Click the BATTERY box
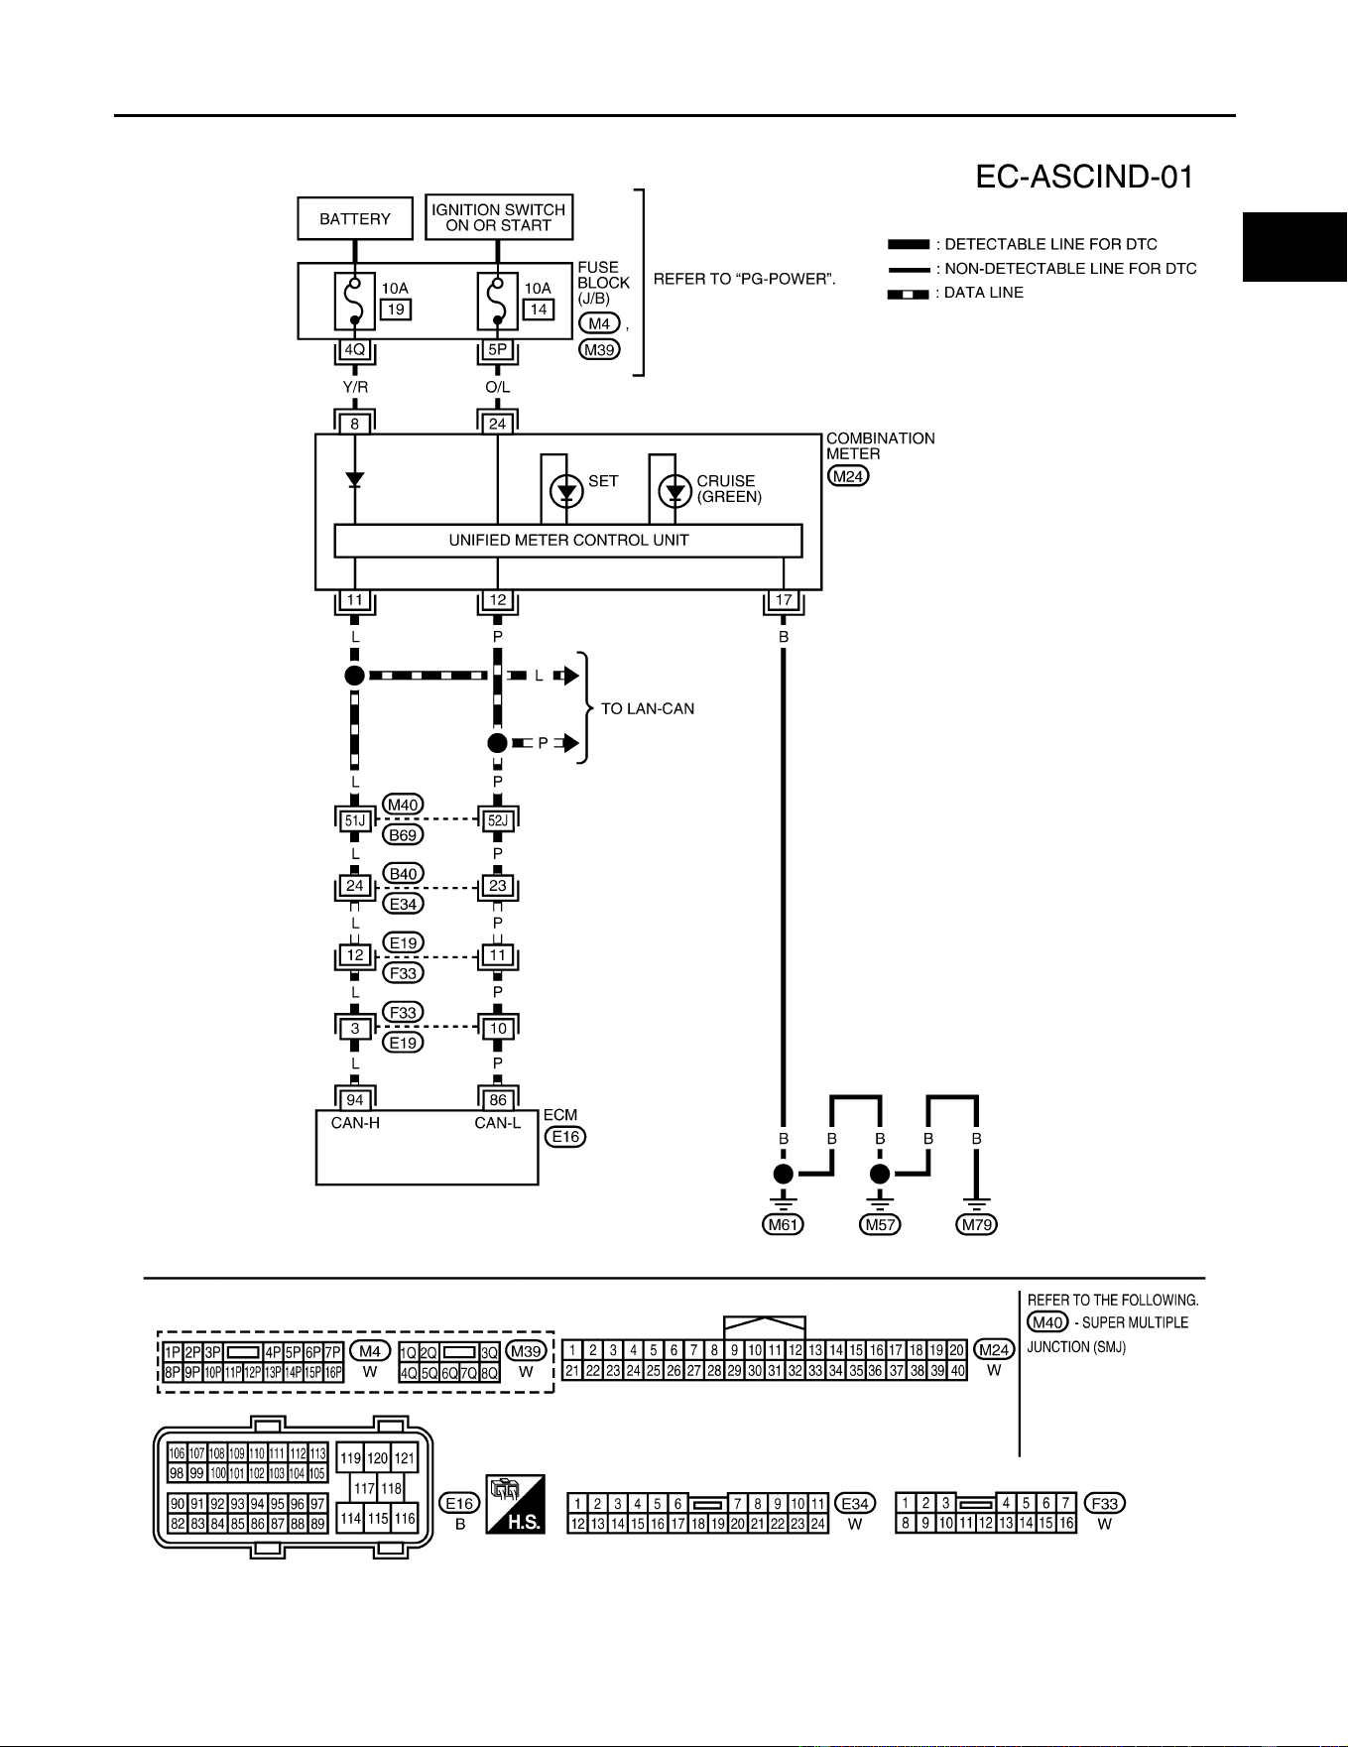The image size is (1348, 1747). pyautogui.click(x=355, y=218)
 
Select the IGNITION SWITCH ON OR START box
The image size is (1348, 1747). pyautogui.click(x=499, y=217)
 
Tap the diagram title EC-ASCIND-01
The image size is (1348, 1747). pyautogui.click(x=1084, y=177)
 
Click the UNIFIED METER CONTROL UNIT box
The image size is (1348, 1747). pyautogui.click(x=568, y=541)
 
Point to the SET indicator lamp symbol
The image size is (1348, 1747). pyautogui.click(x=567, y=491)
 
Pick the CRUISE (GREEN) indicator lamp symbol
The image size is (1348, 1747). pyautogui.click(x=675, y=491)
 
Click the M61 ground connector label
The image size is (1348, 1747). pyautogui.click(x=784, y=1224)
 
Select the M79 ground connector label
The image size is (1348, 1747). pyautogui.click(x=977, y=1224)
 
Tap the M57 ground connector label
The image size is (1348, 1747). pyautogui.click(x=880, y=1224)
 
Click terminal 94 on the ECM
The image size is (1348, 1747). pyautogui.click(x=355, y=1099)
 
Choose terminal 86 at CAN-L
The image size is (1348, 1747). pyautogui.click(x=498, y=1099)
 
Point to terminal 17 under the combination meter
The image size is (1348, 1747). pyautogui.click(x=784, y=600)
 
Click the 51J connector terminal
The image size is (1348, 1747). pyautogui.click(x=355, y=820)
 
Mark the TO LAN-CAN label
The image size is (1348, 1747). pyautogui.click(x=648, y=708)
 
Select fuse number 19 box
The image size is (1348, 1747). pyautogui.click(x=396, y=310)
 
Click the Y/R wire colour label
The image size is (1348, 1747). pyautogui.click(x=355, y=387)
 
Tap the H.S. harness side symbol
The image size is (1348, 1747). pyautogui.click(x=515, y=1504)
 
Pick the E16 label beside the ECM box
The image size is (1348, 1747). pyautogui.click(x=565, y=1137)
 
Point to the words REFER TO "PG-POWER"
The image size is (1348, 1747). pyautogui.click(x=744, y=279)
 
